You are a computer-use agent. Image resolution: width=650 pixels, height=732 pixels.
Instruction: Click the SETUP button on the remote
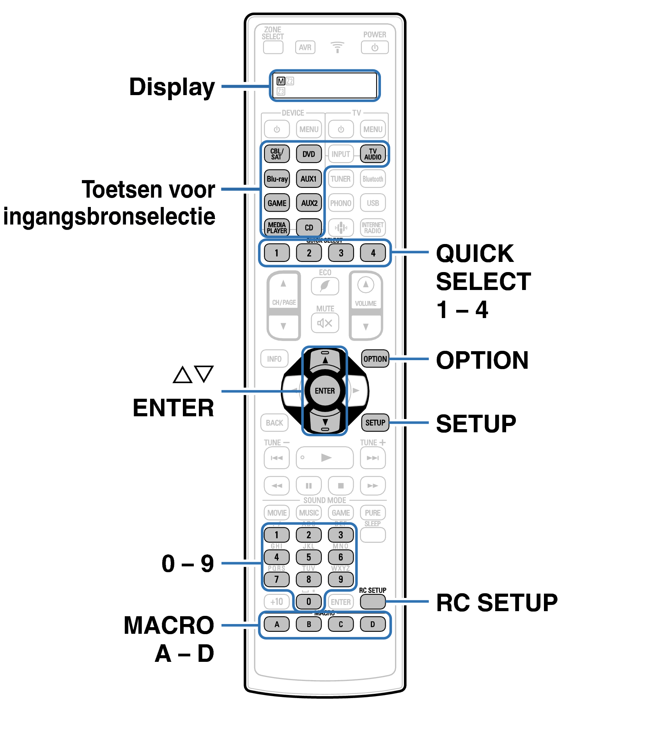tap(375, 423)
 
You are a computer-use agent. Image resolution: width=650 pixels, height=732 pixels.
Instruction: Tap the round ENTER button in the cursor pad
tap(324, 391)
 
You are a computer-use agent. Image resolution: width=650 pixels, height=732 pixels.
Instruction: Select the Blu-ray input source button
tap(277, 179)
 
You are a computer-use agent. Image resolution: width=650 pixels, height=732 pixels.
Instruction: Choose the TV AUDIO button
tap(373, 154)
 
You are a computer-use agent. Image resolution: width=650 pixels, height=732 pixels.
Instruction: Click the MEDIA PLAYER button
tap(277, 228)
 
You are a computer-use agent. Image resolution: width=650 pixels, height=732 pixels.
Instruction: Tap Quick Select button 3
tap(341, 253)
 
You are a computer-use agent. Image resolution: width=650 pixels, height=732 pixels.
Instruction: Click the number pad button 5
tap(308, 557)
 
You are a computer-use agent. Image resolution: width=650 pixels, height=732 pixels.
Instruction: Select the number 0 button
tap(308, 601)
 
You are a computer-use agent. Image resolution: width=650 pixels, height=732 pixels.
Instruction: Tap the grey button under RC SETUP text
tap(373, 601)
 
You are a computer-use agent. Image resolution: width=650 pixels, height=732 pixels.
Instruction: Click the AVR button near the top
tap(305, 48)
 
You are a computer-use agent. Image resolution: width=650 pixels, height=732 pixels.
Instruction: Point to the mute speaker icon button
tap(325, 323)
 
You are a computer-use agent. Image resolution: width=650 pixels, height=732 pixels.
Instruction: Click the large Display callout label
tap(172, 87)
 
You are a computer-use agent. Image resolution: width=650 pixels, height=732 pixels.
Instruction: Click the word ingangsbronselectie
tap(109, 217)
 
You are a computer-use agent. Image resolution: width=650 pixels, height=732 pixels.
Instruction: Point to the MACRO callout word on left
tap(169, 625)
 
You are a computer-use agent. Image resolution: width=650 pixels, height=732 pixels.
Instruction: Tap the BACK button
tap(275, 423)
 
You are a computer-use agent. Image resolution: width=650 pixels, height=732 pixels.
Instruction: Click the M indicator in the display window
tap(281, 81)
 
